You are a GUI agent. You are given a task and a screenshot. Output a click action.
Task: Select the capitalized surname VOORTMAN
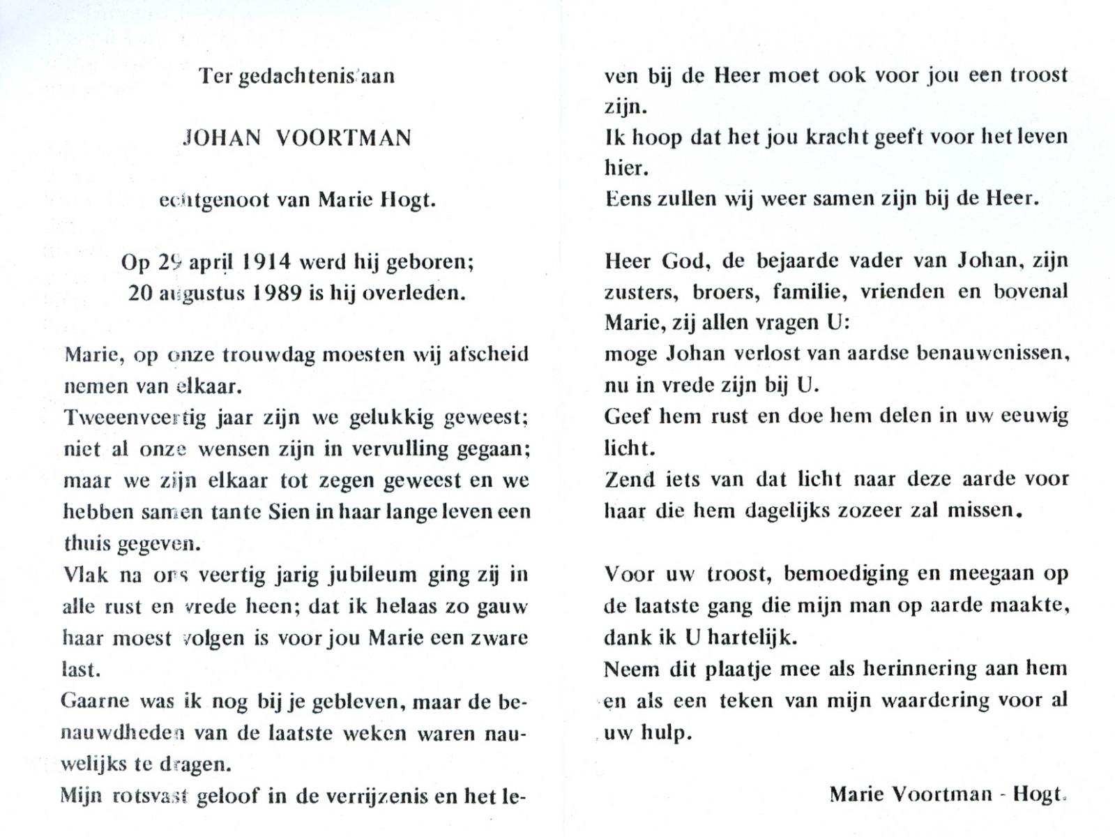click(344, 138)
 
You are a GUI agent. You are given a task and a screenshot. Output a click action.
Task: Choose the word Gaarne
click(96, 701)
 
